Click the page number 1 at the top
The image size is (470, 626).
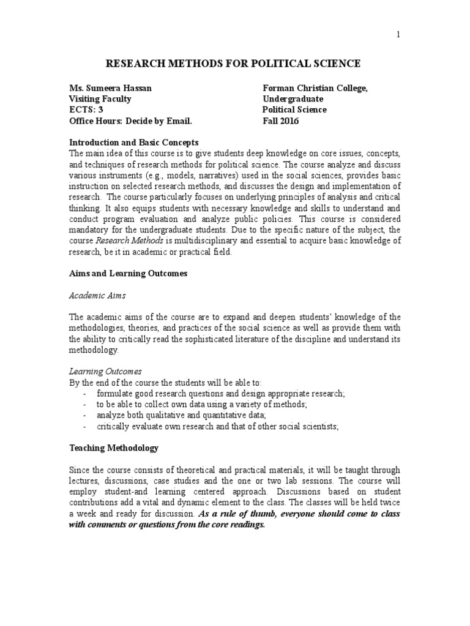pos(398,35)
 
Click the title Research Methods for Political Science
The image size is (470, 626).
pos(234,64)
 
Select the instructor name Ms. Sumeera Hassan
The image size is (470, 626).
pos(110,88)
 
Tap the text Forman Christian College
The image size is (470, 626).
pos(315,88)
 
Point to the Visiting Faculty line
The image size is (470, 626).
pos(100,99)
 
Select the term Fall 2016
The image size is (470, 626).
pos(282,121)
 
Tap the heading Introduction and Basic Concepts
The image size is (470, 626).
pos(134,142)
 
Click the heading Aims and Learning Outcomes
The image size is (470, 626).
pos(128,274)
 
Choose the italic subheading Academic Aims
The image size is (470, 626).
pos(97,295)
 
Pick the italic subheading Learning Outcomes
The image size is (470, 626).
pos(105,371)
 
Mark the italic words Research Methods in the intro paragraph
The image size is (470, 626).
pos(125,241)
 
